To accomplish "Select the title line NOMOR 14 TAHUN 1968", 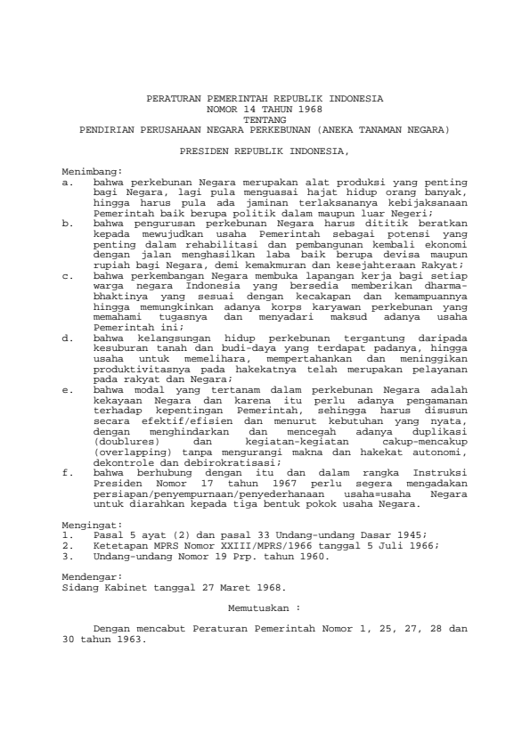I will pyautogui.click(x=265, y=109).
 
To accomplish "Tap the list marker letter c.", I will pyautogui.click(x=68, y=276).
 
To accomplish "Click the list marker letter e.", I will pyautogui.click(x=68, y=389).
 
